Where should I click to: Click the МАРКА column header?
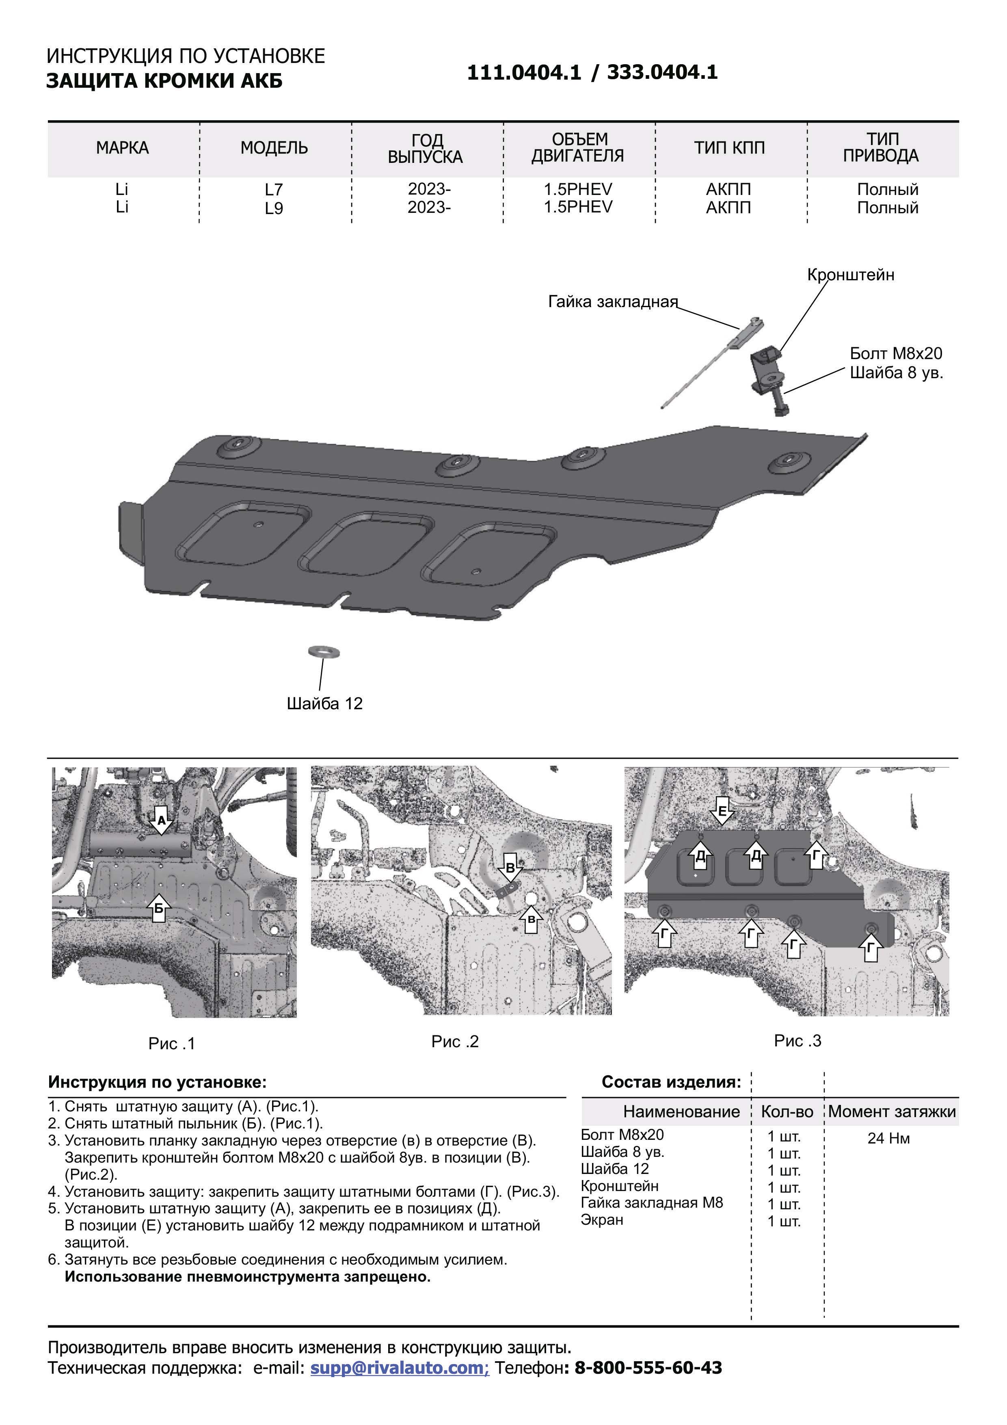(x=122, y=148)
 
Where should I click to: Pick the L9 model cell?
(x=274, y=208)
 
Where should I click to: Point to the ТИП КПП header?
(x=728, y=148)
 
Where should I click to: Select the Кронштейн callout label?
(x=851, y=275)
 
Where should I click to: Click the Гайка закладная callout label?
(x=612, y=302)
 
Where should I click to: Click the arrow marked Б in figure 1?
(x=159, y=909)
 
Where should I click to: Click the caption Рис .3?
(x=797, y=1041)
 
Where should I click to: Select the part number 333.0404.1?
(x=662, y=73)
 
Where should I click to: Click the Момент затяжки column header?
(x=892, y=1111)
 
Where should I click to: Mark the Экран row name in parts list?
(x=602, y=1219)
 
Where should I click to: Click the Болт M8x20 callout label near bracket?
(x=896, y=354)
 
